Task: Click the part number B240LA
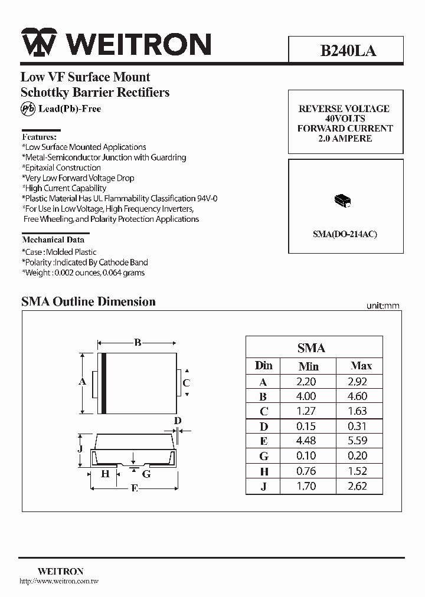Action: [x=348, y=51]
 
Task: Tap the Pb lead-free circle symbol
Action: [x=28, y=109]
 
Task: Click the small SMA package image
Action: [x=342, y=201]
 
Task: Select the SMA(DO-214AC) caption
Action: [x=345, y=234]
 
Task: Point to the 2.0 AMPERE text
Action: [x=345, y=138]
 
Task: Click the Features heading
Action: [x=39, y=136]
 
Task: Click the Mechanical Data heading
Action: [x=53, y=240]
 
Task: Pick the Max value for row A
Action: [x=357, y=382]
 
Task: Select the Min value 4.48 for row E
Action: [x=306, y=441]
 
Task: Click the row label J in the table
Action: [x=263, y=487]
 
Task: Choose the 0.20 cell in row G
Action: [x=357, y=456]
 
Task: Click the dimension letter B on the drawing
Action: [x=137, y=342]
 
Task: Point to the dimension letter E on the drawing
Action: [x=134, y=488]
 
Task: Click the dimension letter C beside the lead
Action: [x=187, y=383]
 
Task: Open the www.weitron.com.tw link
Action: [x=59, y=581]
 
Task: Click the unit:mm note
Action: [x=382, y=306]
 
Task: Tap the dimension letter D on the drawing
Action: [x=177, y=421]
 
